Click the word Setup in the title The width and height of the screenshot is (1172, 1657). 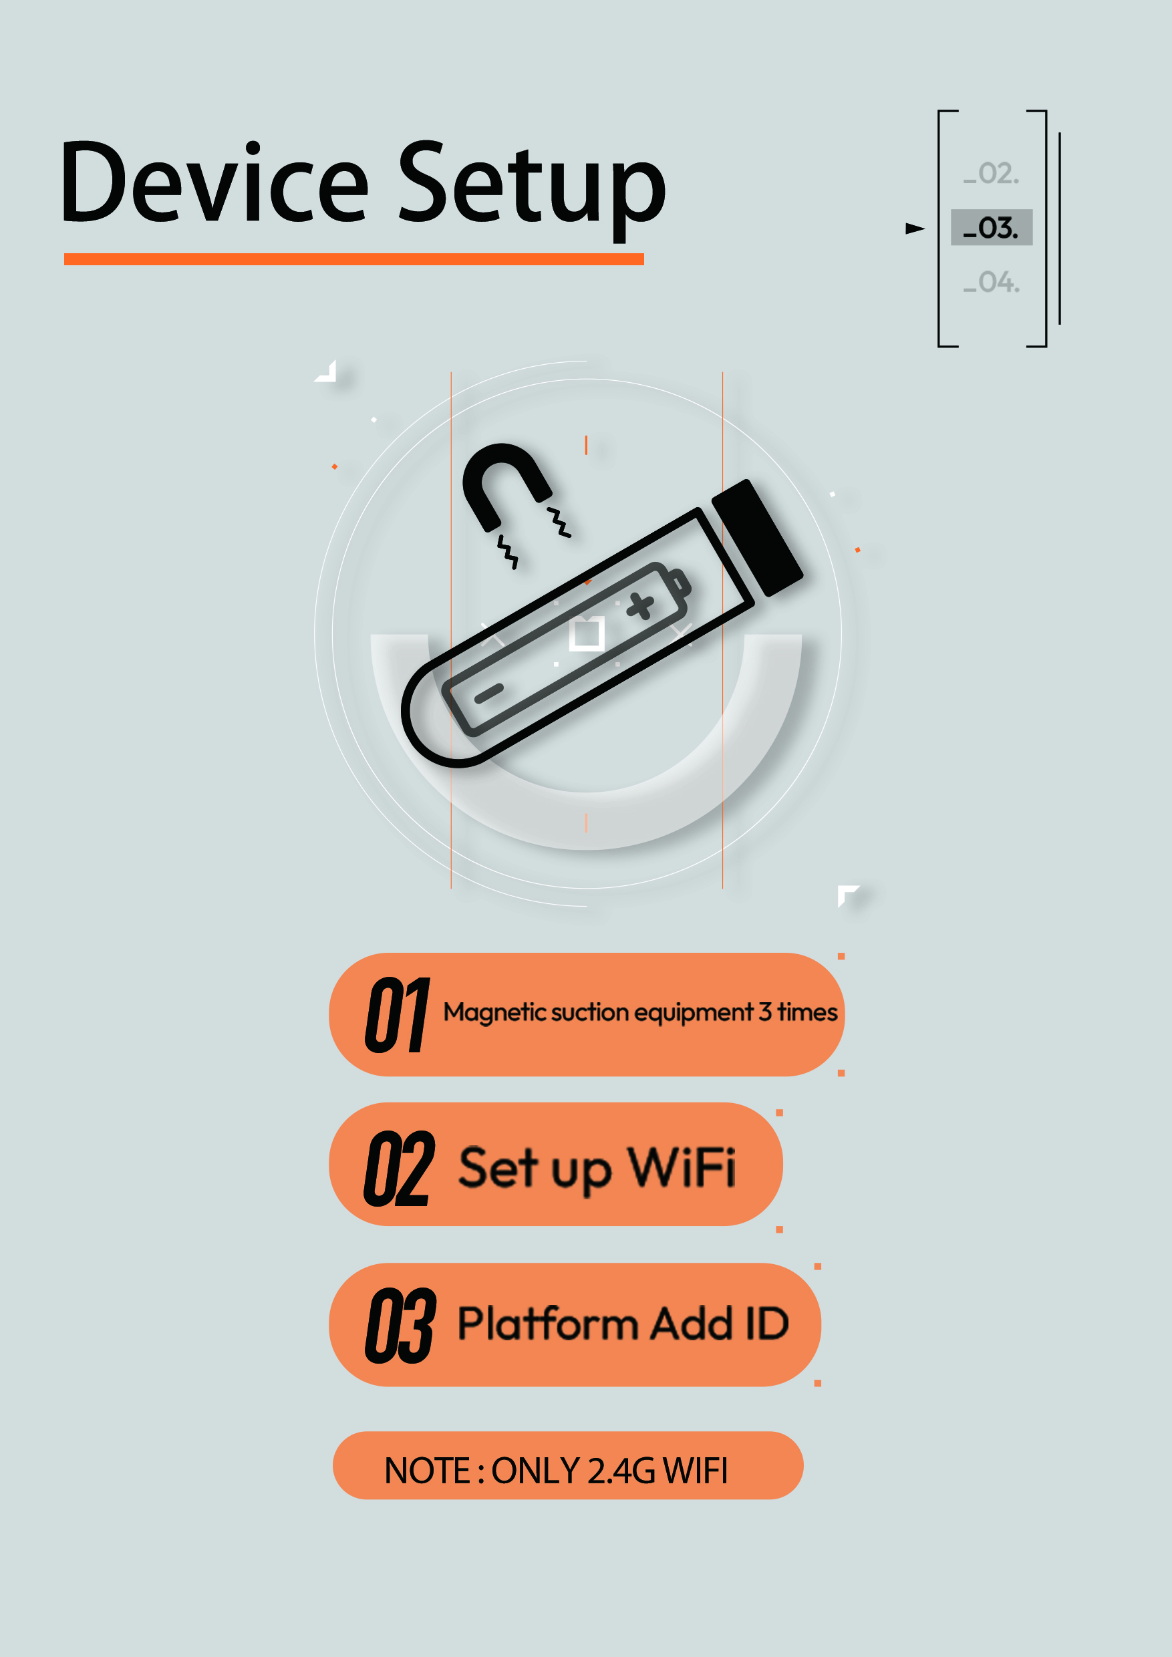pyautogui.click(x=532, y=189)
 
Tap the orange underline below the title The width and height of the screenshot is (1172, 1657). pyautogui.click(x=353, y=259)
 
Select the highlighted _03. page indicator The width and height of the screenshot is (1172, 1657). pyautogui.click(x=991, y=227)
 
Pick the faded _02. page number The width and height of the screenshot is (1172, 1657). pyautogui.click(x=991, y=173)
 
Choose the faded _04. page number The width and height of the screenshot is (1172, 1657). pyautogui.click(x=991, y=281)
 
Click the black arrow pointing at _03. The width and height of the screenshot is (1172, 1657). pyautogui.click(x=915, y=228)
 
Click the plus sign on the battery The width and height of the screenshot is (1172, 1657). pyautogui.click(x=640, y=605)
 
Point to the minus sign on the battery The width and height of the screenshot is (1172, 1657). pyautogui.click(x=488, y=694)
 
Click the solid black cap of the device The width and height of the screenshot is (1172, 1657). pyautogui.click(x=758, y=538)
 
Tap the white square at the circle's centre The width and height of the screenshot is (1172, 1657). pyautogui.click(x=587, y=634)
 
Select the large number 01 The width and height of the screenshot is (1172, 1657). pyautogui.click(x=398, y=1014)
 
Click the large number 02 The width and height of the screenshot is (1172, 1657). pyautogui.click(x=399, y=1169)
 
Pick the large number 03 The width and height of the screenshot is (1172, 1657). pyautogui.click(x=400, y=1326)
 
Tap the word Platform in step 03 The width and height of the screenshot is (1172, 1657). pyautogui.click(x=548, y=1324)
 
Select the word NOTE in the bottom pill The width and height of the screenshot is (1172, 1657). pyautogui.click(x=427, y=1471)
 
